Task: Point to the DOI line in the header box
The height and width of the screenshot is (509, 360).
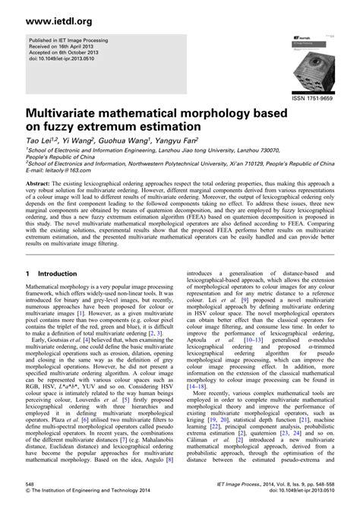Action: (67, 58)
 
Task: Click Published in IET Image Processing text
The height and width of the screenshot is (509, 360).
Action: (71, 39)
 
